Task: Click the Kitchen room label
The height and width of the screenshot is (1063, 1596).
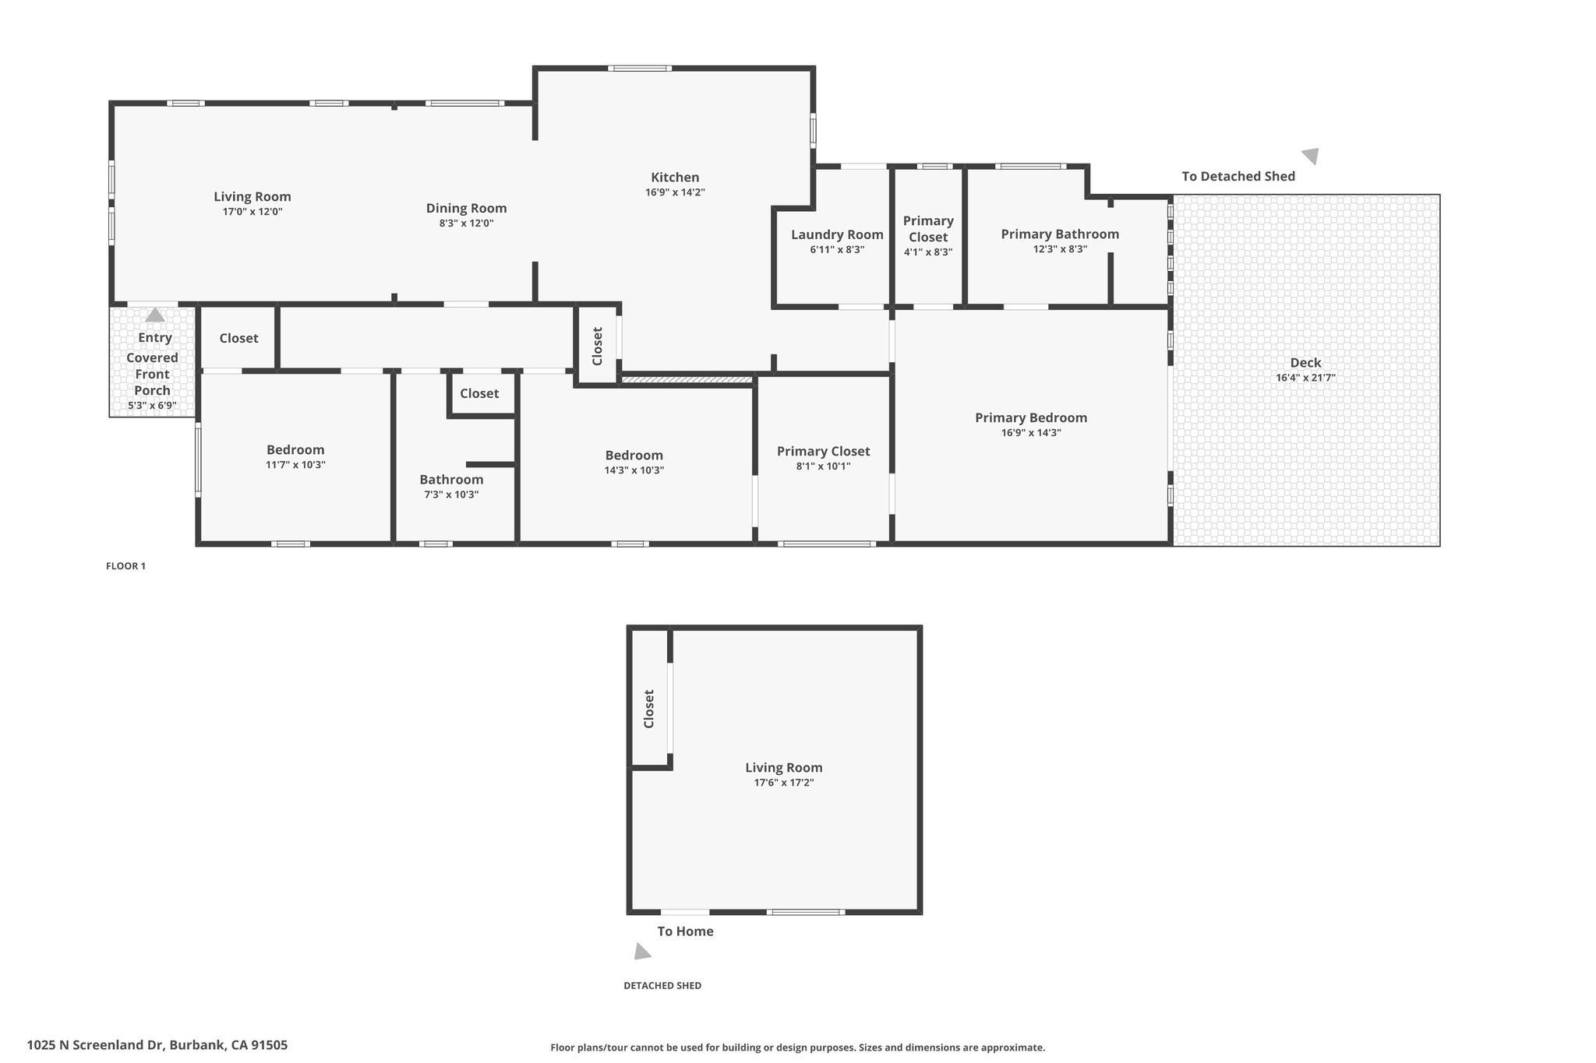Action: [x=675, y=178]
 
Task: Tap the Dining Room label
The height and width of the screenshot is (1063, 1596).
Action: [x=466, y=208]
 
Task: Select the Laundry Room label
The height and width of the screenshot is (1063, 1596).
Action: [x=837, y=234]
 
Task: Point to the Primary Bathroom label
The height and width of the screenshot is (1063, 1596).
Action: [x=1060, y=234]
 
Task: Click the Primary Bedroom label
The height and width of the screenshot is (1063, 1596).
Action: [x=1031, y=417]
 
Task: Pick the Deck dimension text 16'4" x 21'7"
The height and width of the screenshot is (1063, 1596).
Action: [x=1305, y=378]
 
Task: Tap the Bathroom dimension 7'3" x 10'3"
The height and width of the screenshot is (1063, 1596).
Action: [x=451, y=495]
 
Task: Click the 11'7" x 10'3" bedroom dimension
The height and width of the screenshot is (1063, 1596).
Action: [x=295, y=465]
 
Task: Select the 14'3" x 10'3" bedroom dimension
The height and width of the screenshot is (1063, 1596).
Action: [x=634, y=470]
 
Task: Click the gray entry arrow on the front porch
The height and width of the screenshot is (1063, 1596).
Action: [x=155, y=315]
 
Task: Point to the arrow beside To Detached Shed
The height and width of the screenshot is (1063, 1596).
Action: [x=1310, y=156]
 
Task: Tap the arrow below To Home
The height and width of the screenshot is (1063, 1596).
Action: [x=641, y=951]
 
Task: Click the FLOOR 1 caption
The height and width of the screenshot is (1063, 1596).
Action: [x=125, y=566]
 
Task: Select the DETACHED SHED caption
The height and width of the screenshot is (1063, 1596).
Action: [x=662, y=985]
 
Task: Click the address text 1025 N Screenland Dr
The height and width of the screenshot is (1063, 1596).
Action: [x=96, y=1045]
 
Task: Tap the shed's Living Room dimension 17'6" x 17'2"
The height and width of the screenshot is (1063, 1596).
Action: [x=783, y=783]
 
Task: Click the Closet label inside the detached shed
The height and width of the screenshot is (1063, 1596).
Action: [x=648, y=709]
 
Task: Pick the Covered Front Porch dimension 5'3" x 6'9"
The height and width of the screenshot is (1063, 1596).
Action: [x=152, y=406]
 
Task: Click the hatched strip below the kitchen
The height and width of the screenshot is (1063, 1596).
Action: [x=687, y=380]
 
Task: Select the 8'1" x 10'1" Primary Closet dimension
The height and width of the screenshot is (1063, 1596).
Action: [x=823, y=466]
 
